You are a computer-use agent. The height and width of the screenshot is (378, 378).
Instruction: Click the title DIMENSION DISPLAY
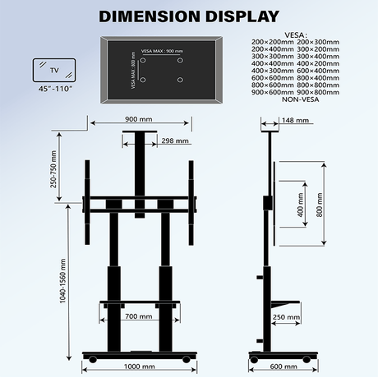pos(188,16)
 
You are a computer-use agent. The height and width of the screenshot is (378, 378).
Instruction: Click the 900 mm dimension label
pos(138,119)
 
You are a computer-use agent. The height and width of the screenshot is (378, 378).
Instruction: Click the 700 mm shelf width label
pos(137,316)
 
